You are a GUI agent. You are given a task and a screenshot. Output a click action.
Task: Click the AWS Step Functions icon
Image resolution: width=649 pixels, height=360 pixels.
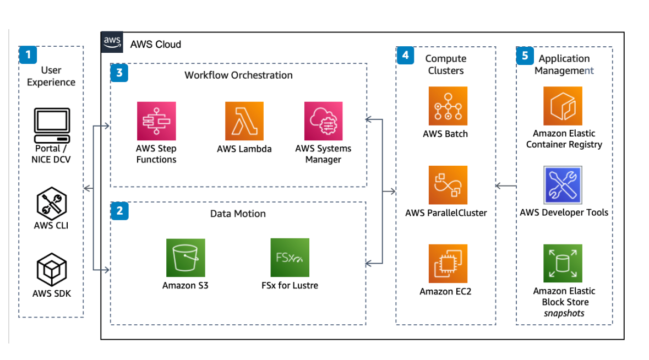156,121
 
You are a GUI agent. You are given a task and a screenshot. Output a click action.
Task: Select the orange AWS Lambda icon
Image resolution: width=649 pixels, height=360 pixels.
244,121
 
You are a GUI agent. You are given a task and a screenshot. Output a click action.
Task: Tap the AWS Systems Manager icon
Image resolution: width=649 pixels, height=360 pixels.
323,121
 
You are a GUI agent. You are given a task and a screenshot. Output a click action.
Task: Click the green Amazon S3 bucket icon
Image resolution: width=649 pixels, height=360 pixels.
186,258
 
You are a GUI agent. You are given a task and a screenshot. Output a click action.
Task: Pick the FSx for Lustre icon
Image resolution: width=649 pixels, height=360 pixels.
290,258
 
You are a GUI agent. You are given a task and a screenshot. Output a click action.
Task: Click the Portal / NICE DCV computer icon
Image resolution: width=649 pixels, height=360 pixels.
52,126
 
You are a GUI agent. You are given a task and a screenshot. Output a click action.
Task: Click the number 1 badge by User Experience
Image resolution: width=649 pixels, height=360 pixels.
28,54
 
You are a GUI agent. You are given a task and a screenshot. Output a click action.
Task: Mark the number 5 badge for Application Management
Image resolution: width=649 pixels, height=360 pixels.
525,56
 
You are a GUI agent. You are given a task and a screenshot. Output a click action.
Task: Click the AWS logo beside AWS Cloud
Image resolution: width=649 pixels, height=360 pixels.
112,42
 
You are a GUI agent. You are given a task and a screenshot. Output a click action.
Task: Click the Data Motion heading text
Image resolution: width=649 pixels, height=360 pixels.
238,214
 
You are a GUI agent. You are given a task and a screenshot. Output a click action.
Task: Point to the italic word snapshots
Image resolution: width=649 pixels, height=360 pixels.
564,313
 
